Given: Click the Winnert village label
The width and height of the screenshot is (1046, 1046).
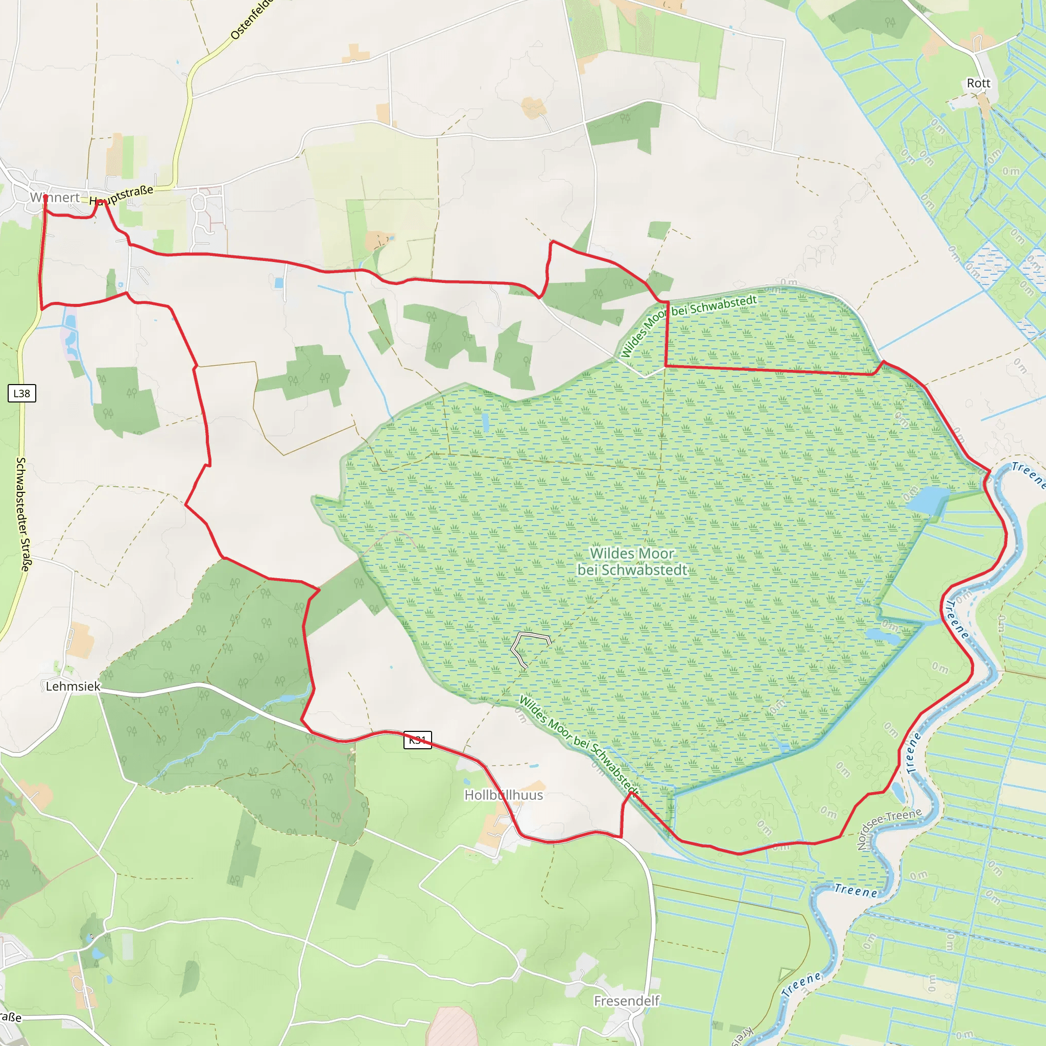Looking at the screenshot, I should [55, 198].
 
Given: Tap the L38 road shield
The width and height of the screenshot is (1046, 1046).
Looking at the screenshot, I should [21, 394].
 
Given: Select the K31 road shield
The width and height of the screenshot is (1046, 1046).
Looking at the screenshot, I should [417, 740].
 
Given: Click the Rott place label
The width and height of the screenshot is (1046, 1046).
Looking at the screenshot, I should [978, 83].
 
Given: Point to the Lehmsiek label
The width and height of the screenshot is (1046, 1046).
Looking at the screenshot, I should [73, 686].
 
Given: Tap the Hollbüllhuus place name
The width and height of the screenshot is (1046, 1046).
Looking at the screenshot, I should [504, 795].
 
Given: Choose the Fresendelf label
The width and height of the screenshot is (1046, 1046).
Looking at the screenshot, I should [626, 1001].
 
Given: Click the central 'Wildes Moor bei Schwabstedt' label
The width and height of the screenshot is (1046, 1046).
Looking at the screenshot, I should [632, 561].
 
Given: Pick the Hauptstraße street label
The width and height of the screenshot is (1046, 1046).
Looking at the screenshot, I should [122, 195].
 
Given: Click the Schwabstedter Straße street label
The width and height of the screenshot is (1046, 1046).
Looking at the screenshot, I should [23, 514].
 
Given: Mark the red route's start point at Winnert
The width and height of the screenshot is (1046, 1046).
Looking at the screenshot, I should [45, 197].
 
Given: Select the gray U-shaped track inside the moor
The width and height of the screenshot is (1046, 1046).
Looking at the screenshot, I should [530, 644].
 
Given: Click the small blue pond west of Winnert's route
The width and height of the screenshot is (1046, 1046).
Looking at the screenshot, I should [69, 321].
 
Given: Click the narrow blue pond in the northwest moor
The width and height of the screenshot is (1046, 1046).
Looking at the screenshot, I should [485, 423].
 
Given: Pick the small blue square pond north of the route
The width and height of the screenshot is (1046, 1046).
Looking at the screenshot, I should [279, 282].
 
